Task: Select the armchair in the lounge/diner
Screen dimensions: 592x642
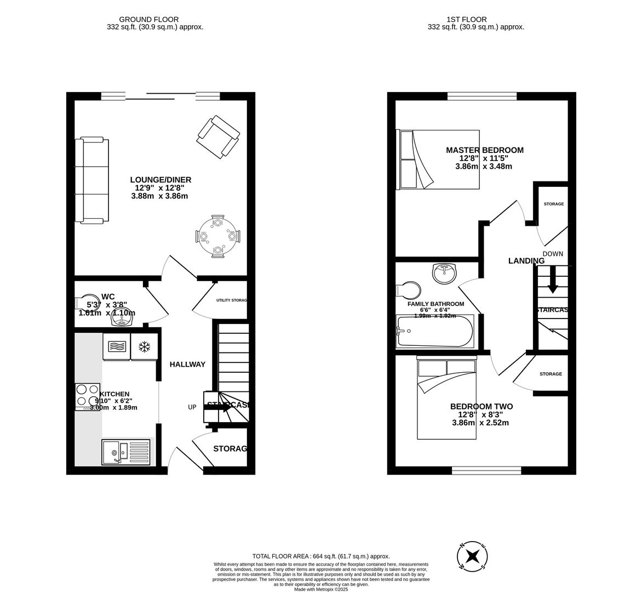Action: (x=218, y=136)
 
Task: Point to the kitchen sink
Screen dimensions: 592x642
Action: (x=125, y=452)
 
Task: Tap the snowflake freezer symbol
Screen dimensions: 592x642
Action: (x=145, y=347)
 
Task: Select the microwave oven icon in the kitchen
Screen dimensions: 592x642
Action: (x=116, y=347)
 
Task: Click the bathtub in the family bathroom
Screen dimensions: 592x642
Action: (x=435, y=331)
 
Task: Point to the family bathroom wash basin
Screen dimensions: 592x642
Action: (x=445, y=272)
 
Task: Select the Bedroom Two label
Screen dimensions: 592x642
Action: (x=481, y=406)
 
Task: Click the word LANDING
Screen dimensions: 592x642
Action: (x=526, y=261)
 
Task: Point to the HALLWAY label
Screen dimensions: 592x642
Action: (x=187, y=364)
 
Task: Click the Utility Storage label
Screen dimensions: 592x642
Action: (x=231, y=300)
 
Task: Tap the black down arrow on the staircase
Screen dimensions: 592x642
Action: (x=553, y=280)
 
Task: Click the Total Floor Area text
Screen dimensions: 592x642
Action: (x=320, y=556)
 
